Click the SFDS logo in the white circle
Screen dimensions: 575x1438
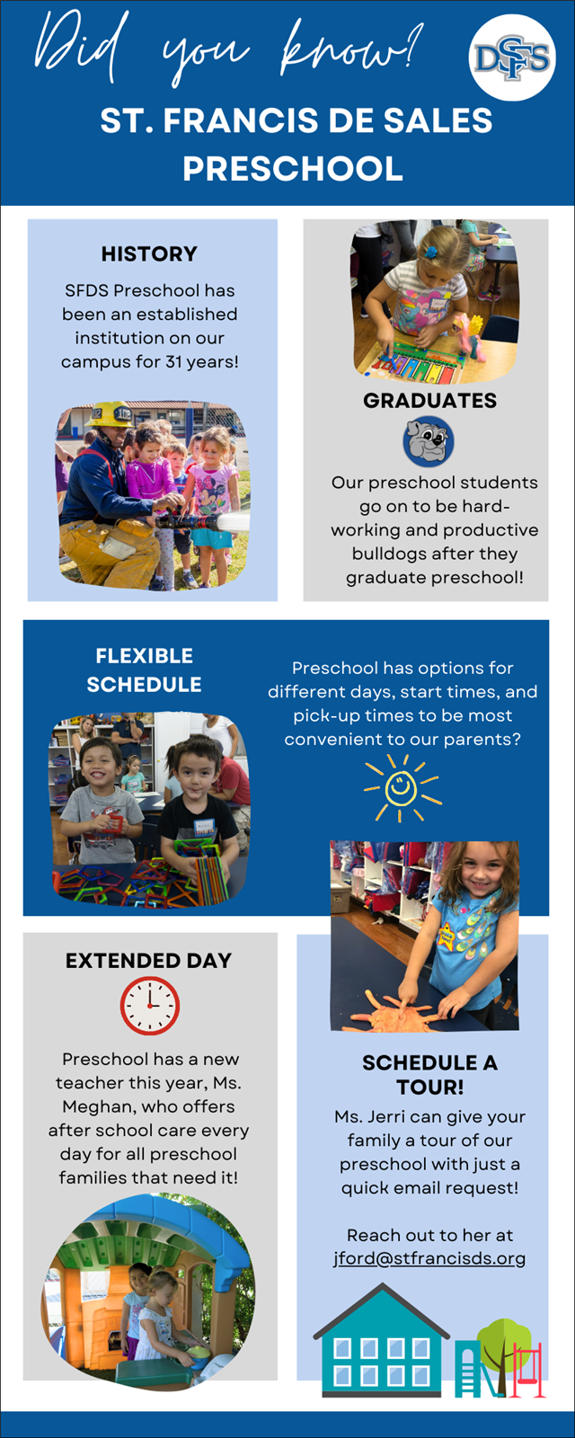[x=512, y=58]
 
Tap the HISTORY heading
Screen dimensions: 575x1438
[x=149, y=253]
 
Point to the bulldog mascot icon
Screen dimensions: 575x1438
[x=428, y=441]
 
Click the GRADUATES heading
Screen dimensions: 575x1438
[x=430, y=401]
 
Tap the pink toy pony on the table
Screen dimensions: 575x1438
[x=470, y=336]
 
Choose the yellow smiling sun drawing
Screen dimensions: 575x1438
[x=402, y=787]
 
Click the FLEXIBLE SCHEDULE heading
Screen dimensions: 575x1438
[x=145, y=670]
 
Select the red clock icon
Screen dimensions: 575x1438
[x=150, y=1006]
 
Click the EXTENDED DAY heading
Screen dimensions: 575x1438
[x=149, y=961]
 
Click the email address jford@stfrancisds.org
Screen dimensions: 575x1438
[x=429, y=1257]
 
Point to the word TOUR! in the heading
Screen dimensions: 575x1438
[x=430, y=1087]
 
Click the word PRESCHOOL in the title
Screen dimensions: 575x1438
[x=293, y=168]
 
